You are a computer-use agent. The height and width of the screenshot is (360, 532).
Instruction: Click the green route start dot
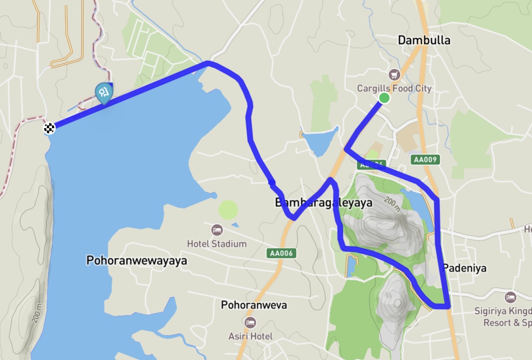click(384, 98)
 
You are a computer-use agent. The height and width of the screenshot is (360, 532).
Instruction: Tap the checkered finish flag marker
click(49, 128)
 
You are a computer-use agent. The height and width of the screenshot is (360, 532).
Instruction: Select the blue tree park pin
click(103, 93)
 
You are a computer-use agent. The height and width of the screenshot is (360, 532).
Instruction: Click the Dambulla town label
click(424, 40)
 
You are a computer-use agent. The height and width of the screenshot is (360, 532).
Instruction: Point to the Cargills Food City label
click(394, 88)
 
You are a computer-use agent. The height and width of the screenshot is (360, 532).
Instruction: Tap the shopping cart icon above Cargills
click(394, 74)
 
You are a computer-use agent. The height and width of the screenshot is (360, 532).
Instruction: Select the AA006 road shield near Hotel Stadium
click(282, 253)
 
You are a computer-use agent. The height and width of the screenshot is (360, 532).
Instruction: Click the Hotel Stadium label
click(216, 244)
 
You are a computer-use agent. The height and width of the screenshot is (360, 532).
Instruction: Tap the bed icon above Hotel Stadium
click(217, 230)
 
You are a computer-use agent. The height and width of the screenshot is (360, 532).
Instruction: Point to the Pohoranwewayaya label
click(136, 261)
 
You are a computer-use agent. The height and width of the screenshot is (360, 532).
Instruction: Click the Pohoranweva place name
click(254, 305)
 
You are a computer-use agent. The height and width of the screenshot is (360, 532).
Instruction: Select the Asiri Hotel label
click(250, 336)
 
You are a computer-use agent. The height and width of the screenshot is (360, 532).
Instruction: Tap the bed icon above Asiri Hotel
click(250, 323)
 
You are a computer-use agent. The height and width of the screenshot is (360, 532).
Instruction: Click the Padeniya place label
click(464, 268)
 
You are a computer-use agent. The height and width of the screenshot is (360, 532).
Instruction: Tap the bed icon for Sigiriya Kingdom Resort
click(510, 297)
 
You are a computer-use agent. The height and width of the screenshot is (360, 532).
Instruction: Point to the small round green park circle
click(228, 209)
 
